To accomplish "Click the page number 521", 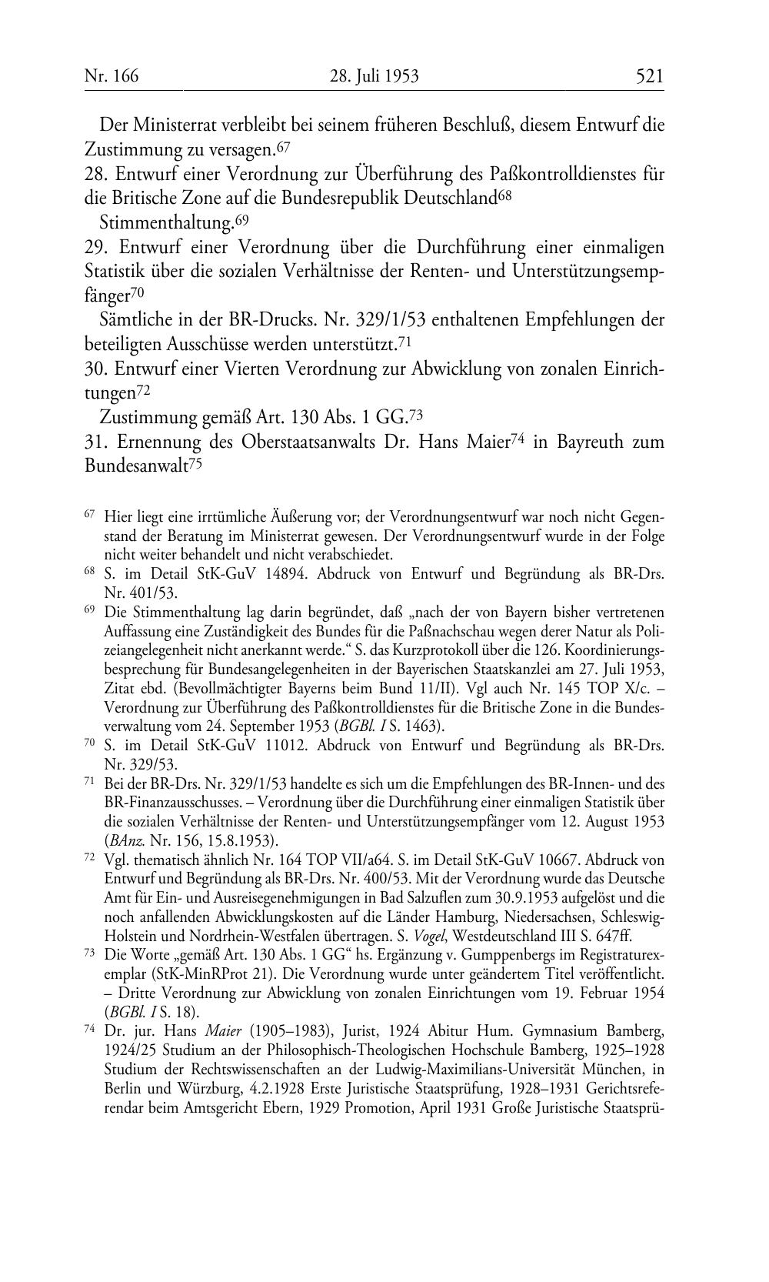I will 649,75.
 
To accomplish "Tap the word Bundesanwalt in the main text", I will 135,467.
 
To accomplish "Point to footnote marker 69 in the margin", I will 90,610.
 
